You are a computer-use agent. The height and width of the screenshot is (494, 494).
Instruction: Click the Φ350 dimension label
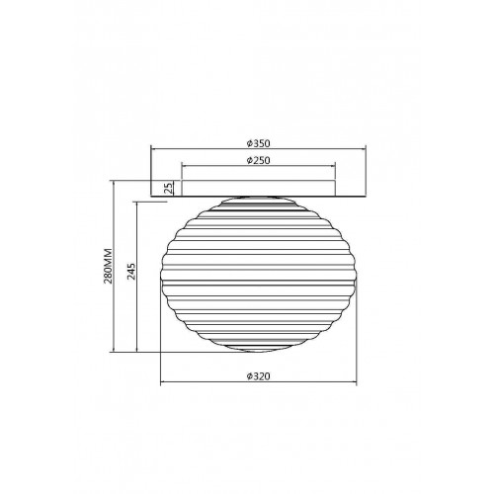click(x=258, y=143)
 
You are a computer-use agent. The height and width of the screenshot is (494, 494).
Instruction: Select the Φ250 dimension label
click(x=258, y=160)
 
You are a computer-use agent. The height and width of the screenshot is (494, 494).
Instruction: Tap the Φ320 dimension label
click(x=258, y=376)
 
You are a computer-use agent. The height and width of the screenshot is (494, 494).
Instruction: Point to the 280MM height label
click(x=108, y=266)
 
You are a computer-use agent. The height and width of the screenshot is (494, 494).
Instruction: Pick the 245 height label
click(x=131, y=272)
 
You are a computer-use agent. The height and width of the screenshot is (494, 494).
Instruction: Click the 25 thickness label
click(x=168, y=188)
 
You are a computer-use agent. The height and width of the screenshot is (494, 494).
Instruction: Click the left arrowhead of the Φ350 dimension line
click(x=153, y=149)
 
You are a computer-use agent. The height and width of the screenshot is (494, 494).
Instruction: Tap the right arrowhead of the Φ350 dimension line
click(x=364, y=149)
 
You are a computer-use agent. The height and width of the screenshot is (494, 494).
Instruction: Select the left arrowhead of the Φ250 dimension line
click(x=185, y=166)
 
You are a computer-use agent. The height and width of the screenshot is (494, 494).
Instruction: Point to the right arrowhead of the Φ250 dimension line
click(x=333, y=166)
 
